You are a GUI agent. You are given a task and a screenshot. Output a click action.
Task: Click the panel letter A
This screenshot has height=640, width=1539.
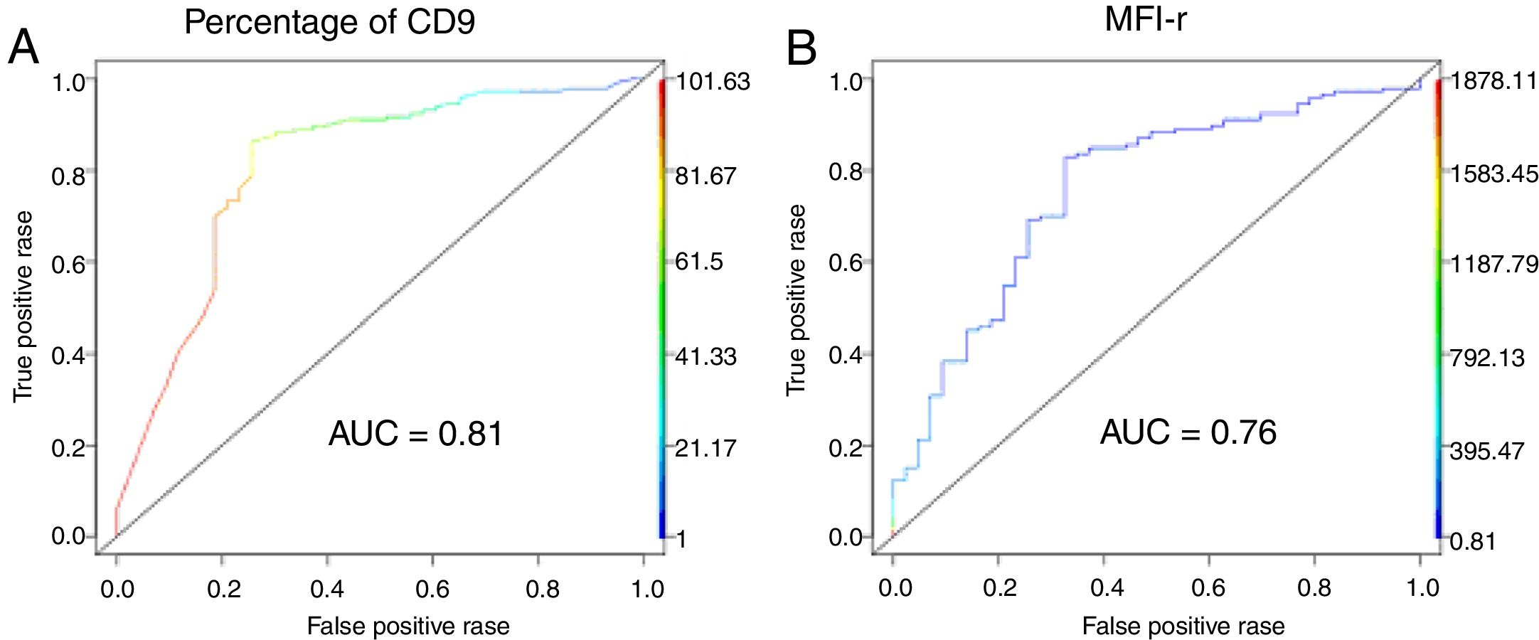coord(23,48)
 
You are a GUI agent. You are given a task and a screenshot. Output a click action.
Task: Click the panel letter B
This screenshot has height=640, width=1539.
coord(801,48)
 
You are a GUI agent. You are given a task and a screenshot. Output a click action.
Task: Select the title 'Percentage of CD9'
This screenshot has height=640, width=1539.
coord(329,21)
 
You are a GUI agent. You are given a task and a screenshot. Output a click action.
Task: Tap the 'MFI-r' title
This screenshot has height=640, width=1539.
coord(1145,18)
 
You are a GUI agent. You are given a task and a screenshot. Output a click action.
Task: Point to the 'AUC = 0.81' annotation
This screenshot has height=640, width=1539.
coord(416,433)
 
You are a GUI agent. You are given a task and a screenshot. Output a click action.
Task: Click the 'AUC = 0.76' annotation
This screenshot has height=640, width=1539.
coord(1188,432)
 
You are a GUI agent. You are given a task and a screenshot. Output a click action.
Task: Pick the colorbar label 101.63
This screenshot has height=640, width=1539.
coord(712,82)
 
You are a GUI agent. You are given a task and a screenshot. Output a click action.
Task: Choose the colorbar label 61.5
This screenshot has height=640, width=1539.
coord(698,262)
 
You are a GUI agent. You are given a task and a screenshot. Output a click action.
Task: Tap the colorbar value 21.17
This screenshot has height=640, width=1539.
coord(705,449)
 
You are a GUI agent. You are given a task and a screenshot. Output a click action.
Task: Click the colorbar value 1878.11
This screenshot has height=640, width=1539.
coord(1493,81)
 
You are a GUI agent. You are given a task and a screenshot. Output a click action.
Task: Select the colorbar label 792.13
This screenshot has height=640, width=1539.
coord(1487,357)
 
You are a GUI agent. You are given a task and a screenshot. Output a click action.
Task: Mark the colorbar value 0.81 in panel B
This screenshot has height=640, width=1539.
coord(1473,542)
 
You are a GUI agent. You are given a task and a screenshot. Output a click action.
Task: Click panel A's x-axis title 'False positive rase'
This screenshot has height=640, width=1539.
coord(408,626)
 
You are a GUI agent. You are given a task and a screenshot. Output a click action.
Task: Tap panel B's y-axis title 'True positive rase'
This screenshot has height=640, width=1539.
coord(796,299)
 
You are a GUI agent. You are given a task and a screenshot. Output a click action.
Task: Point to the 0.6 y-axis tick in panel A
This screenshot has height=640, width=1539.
coord(68,264)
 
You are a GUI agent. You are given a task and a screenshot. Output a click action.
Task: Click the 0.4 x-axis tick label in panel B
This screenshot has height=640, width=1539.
coord(1107,587)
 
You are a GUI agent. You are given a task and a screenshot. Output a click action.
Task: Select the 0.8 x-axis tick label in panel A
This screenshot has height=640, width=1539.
coord(542,589)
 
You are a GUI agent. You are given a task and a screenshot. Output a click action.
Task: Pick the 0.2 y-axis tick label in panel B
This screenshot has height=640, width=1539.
coord(846,447)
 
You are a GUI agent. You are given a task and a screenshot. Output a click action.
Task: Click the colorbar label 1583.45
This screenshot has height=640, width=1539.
coord(1494,174)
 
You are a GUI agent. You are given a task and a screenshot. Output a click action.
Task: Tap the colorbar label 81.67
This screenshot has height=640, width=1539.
coord(705,176)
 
